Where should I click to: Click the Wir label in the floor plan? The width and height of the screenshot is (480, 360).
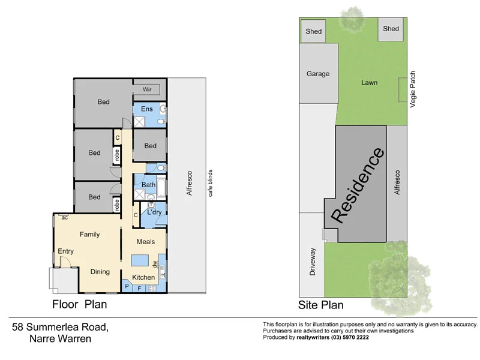coord(147,89)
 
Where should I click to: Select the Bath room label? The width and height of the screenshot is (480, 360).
coord(148,185)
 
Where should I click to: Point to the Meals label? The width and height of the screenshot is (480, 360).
coord(145,242)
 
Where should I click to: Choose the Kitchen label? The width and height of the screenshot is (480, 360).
coord(143,277)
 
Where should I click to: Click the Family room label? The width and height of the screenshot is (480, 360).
coord(89,235)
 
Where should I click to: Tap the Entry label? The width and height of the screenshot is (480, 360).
coord(65,251)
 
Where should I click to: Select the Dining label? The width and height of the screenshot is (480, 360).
coord(100,272)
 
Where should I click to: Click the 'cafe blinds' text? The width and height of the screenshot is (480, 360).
coord(210,183)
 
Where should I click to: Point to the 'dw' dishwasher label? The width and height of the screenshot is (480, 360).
coord(154,263)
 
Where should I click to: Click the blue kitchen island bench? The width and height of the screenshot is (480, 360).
coord(140,260)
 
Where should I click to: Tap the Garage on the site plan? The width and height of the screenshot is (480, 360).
coord(318,74)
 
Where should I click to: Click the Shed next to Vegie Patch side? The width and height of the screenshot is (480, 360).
coord(391,29)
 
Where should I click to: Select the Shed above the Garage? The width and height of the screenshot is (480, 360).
coord(313,31)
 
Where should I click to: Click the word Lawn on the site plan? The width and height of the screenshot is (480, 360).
coord(369,82)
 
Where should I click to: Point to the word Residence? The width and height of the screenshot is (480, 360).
coord(358,185)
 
